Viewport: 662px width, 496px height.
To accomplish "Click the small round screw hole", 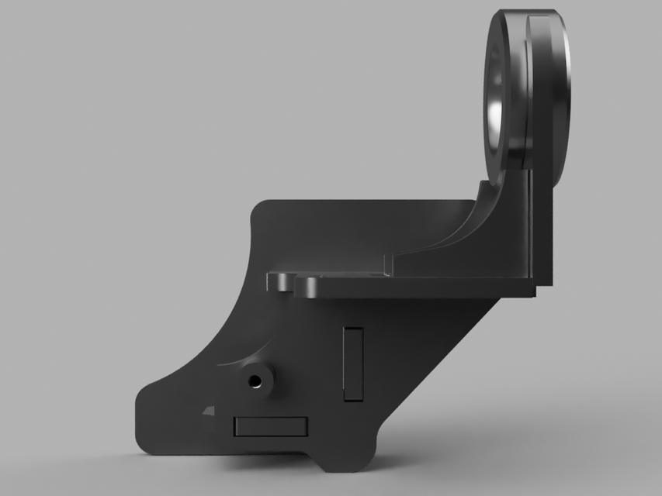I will pos(255,380).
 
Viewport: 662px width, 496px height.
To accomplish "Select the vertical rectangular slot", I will pos(353,363).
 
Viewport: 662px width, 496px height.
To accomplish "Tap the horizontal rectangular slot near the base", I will pos(270,425).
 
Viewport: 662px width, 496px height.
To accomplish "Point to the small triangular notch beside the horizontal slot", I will pos(208,412).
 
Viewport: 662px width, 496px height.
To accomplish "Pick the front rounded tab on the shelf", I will pos(309,287).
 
